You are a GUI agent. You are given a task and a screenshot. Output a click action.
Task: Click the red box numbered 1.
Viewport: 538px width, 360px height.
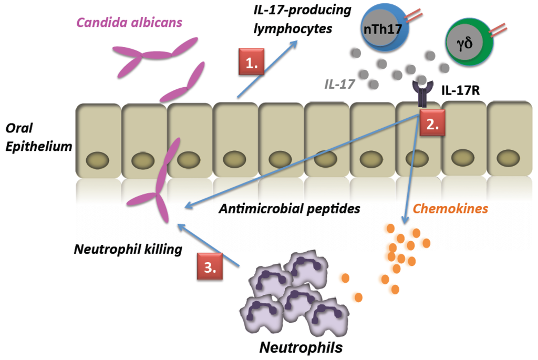252,64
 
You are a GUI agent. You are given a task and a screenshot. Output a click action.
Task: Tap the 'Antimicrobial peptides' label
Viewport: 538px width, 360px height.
289,209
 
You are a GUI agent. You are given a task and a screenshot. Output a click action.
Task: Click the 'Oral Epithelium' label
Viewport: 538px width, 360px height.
38,138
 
